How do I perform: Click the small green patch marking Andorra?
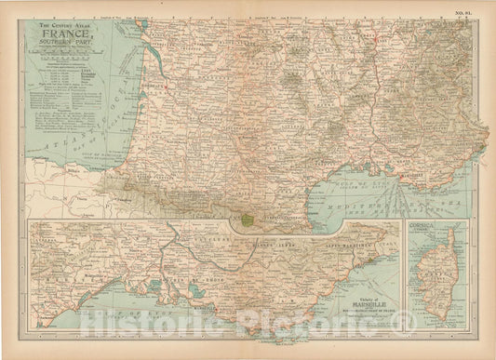point(244,221)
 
